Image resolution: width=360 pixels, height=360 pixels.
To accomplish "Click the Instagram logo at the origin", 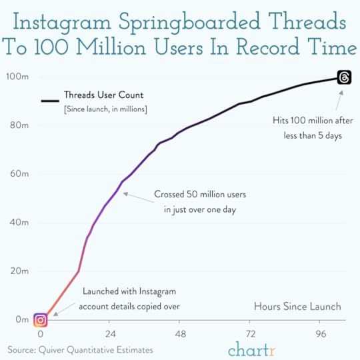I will tap(40, 319).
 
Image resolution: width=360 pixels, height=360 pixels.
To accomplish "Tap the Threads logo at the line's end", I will tap(344, 77).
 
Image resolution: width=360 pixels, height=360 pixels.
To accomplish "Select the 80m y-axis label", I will tap(19, 125).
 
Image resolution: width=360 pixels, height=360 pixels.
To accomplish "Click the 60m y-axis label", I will tap(19, 174).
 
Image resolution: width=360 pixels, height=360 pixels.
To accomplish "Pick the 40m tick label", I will tap(19, 223).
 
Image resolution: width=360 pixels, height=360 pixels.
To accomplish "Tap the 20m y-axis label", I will tap(19, 271).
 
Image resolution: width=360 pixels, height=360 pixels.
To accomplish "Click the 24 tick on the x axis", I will tap(110, 334).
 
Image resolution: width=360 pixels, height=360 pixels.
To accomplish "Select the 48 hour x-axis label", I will tap(180, 334).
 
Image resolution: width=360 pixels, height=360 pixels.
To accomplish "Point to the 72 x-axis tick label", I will tap(250, 334).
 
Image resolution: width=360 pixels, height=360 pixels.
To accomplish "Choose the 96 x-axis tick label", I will tap(320, 334).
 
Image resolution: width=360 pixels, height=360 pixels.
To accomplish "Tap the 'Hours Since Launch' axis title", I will tap(297, 307).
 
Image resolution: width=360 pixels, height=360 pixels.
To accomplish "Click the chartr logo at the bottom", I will tap(253, 349).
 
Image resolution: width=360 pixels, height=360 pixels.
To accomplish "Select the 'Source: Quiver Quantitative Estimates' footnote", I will tap(80, 349).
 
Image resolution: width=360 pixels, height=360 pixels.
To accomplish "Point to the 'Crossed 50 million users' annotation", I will tap(200, 195).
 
